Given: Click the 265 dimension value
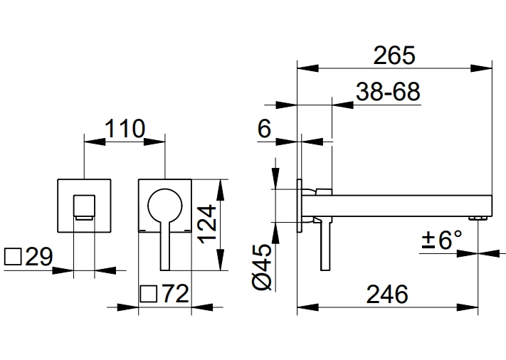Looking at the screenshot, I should pyautogui.click(x=394, y=55).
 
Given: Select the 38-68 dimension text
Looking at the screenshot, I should pyautogui.click(x=389, y=92).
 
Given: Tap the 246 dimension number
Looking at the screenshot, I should pyautogui.click(x=388, y=293).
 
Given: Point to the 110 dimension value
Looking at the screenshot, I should pyautogui.click(x=125, y=128).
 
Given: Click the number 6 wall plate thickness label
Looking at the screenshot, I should pyautogui.click(x=265, y=128).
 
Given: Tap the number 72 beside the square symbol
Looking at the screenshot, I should pyautogui.click(x=174, y=293).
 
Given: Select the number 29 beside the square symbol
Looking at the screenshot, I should pyautogui.click(x=38, y=256).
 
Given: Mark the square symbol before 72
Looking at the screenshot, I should pyautogui.click(x=148, y=294).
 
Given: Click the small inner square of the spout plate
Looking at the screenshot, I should pyautogui.click(x=85, y=206).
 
